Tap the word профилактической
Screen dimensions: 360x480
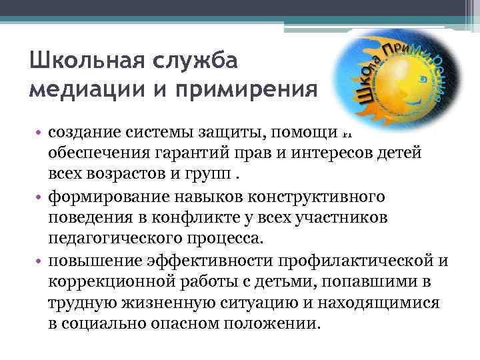pos(353,261)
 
